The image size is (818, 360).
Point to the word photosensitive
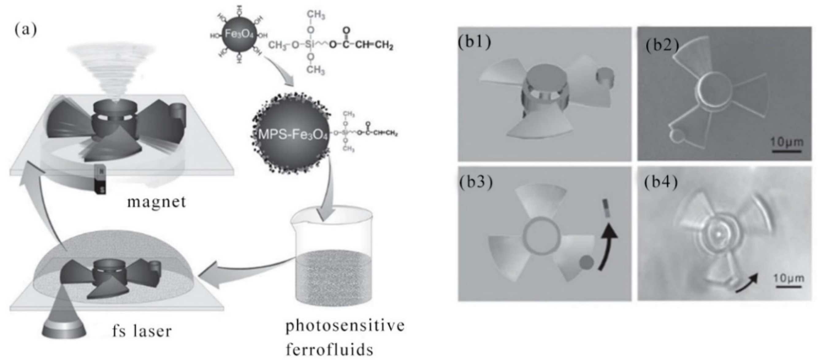click(345, 326)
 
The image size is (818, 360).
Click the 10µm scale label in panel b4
click(788, 279)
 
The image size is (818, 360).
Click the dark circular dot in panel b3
click(586, 263)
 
